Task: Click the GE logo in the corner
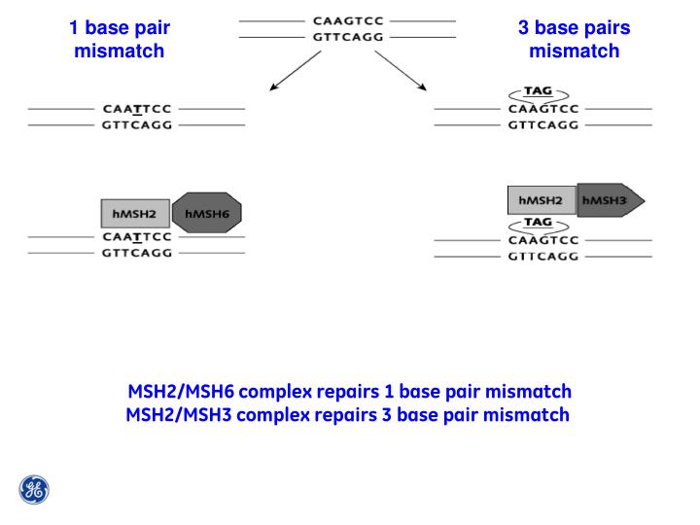34,489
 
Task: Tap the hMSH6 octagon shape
205,214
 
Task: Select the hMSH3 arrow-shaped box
609,200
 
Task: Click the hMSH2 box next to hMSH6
135,214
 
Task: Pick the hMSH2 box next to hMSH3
542,200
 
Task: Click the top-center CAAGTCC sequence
347,19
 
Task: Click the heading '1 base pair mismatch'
119,39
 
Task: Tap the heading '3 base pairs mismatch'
574,39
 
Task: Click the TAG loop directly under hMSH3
538,224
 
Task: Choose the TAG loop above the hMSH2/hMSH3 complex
538,92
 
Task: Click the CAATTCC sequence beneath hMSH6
136,237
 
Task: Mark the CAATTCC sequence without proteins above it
136,109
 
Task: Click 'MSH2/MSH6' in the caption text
181,392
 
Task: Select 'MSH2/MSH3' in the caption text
180,415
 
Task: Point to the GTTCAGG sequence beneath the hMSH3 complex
543,257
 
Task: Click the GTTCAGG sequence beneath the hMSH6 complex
136,253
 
